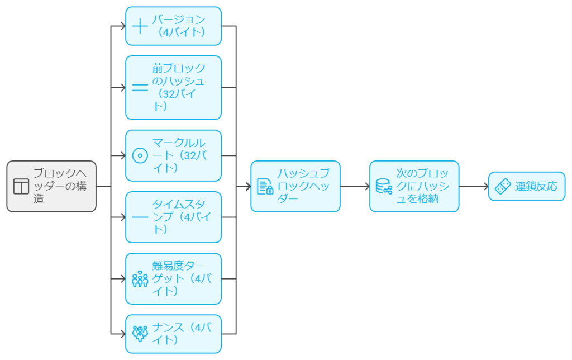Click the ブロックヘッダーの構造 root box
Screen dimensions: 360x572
(x=51, y=186)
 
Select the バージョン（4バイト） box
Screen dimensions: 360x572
(x=173, y=26)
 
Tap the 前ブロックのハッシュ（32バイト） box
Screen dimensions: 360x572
(x=173, y=87)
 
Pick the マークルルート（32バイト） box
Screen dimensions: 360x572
(x=173, y=155)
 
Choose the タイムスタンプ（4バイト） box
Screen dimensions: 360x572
(x=173, y=217)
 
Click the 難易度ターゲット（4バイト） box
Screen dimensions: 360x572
(x=173, y=278)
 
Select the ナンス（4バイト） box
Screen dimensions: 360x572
(x=173, y=334)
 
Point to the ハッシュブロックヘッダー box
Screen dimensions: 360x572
(x=295, y=186)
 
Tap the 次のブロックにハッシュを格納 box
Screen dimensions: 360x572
(x=414, y=186)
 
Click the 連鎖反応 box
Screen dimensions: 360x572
(x=527, y=186)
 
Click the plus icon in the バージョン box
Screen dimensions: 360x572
(x=140, y=26)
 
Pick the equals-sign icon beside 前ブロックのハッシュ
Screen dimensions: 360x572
(x=140, y=88)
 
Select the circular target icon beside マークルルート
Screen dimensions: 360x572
(x=140, y=156)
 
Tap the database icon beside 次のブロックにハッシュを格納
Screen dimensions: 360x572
(x=384, y=186)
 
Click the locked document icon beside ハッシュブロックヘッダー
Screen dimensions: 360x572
(x=265, y=187)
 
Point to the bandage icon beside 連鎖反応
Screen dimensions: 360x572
(x=503, y=186)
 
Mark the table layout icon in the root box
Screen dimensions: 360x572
(x=21, y=187)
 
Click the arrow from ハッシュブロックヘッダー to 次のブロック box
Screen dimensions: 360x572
(x=355, y=186)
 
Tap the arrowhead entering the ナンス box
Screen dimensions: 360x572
(x=122, y=334)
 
